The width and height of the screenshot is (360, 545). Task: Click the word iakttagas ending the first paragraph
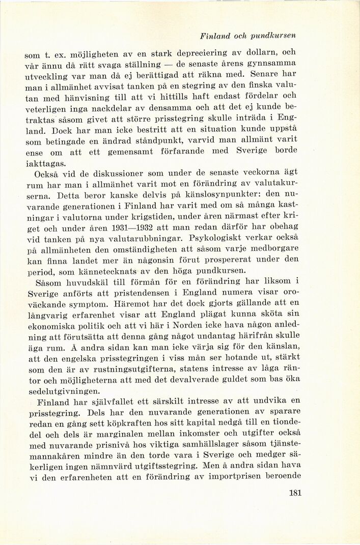pos(45,164)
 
